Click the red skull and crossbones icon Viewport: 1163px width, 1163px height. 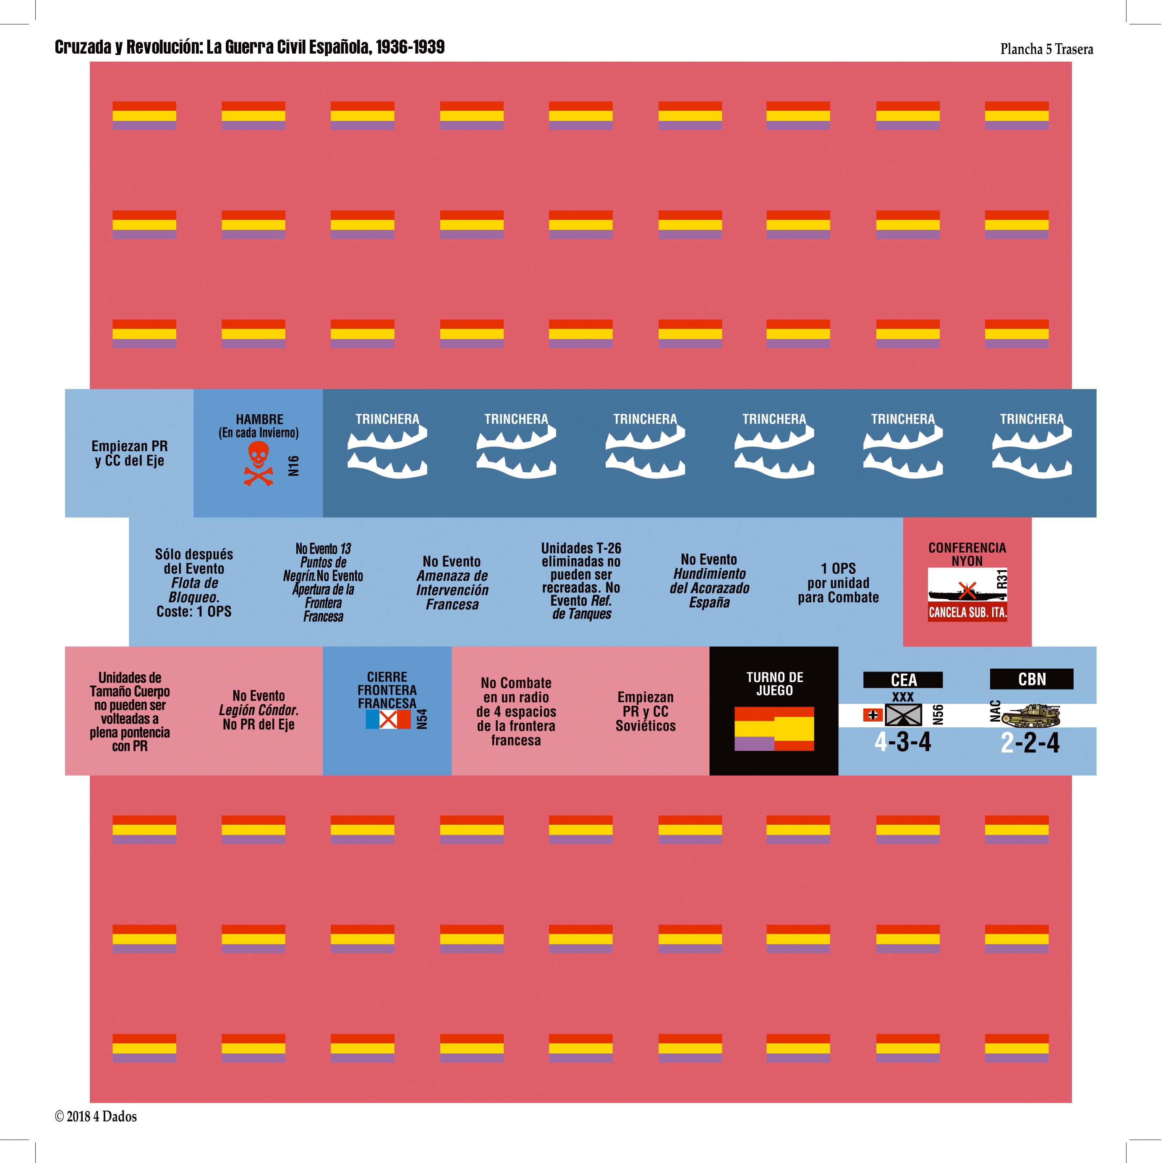click(x=258, y=463)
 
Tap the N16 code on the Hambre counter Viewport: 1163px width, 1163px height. click(x=293, y=465)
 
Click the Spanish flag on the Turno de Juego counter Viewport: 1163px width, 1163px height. click(x=774, y=728)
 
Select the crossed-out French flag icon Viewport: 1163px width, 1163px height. click(x=388, y=719)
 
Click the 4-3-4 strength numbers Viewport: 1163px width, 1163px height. click(x=902, y=742)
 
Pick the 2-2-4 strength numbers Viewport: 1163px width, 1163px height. click(x=1030, y=743)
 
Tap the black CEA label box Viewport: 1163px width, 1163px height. click(x=903, y=680)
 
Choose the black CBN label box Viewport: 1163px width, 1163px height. click(x=1032, y=679)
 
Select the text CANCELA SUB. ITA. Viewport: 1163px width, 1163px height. click(x=967, y=613)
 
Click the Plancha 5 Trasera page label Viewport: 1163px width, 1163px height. click(x=1046, y=50)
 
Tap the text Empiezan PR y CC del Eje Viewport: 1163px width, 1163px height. click(x=129, y=453)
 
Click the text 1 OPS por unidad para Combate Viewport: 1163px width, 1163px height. click(x=838, y=583)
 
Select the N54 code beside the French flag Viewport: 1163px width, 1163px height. click(x=422, y=719)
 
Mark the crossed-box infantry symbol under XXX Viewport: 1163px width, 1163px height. click(x=903, y=715)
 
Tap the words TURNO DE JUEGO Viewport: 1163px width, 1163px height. click(x=774, y=684)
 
